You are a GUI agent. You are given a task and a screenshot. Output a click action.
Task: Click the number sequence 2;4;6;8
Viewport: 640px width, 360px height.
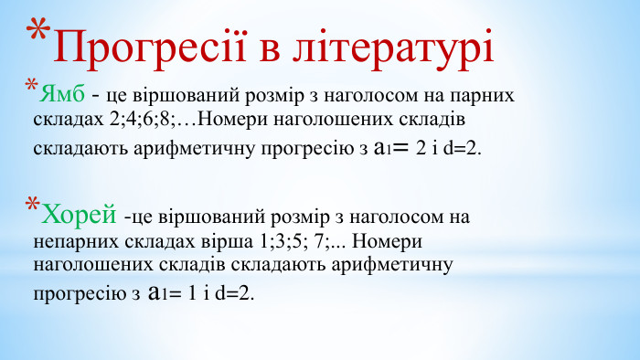pyautogui.click(x=137, y=119)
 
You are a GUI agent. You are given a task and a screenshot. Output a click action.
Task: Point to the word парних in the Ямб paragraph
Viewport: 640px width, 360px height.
pyautogui.click(x=481, y=95)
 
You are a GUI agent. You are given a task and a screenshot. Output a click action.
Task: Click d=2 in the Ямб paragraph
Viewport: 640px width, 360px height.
pyautogui.click(x=462, y=147)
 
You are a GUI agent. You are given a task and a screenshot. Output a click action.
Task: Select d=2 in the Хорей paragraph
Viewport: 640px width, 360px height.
pyautogui.click(x=236, y=294)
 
